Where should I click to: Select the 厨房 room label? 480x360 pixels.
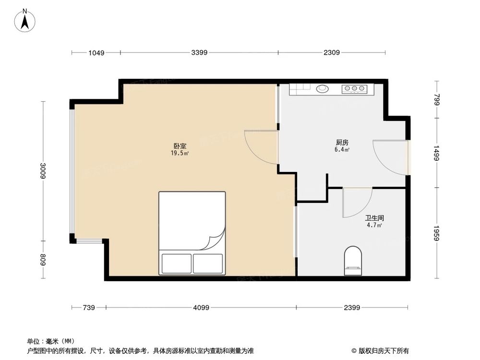click(342, 143)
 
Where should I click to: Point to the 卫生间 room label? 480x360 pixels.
click(374, 218)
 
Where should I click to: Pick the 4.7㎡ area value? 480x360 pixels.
click(374, 225)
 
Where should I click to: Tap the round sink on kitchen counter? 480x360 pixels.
click(323, 88)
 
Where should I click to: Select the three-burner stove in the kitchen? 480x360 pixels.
click(354, 89)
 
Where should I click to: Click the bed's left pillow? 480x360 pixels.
click(176, 263)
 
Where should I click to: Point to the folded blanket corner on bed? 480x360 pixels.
click(214, 240)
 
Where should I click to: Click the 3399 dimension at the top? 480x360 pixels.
click(199, 53)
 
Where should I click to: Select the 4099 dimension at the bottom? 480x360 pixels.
click(201, 308)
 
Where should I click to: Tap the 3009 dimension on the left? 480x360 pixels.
click(43, 170)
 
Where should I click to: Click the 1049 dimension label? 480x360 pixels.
click(96, 53)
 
